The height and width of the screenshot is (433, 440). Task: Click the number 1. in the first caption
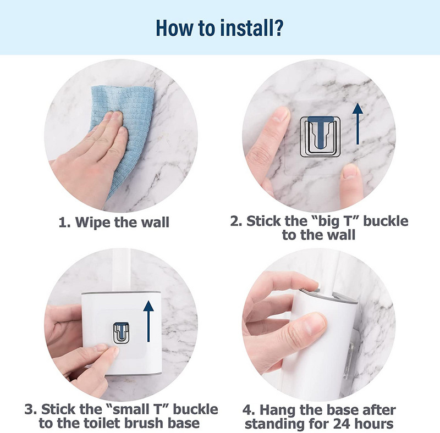point(65,223)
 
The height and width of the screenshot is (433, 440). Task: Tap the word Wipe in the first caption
point(94,223)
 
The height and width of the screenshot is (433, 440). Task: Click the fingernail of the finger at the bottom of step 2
point(350,171)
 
